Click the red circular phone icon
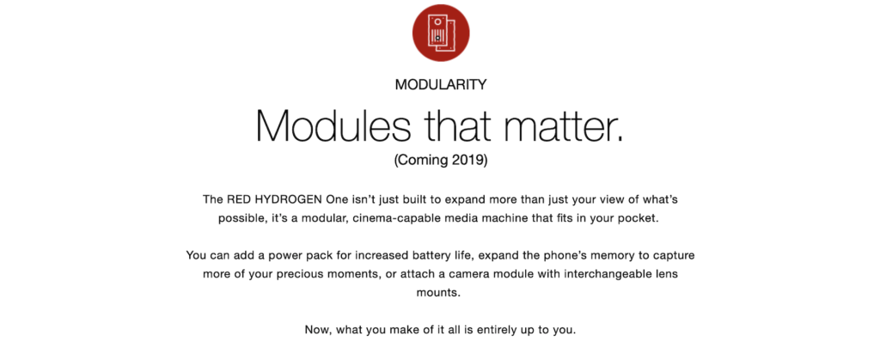pyautogui.click(x=441, y=33)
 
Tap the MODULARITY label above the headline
pyautogui.click(x=441, y=85)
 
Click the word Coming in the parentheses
pyautogui.click(x=423, y=161)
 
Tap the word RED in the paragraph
pyautogui.click(x=236, y=199)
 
